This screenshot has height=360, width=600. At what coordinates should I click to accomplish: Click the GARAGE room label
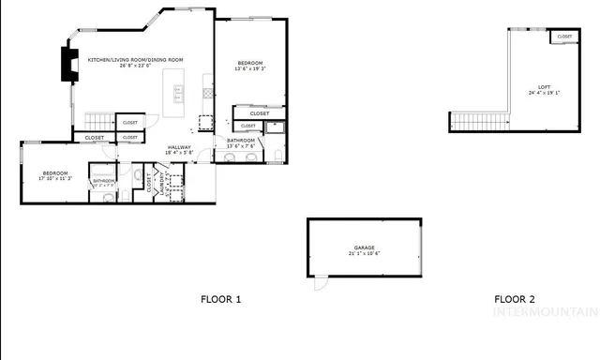coord(364,247)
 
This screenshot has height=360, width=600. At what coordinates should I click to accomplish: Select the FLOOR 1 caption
coord(221,300)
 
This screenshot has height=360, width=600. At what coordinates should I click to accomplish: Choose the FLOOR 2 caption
coord(515,300)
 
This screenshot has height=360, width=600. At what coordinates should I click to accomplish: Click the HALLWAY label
coord(179,147)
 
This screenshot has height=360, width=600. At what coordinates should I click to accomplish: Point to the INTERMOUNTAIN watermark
coord(545,312)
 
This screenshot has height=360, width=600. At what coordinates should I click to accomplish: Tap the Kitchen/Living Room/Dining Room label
coord(136,59)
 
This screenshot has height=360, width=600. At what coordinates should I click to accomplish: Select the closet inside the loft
coord(564,37)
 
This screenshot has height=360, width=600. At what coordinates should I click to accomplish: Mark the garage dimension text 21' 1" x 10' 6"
coord(364,254)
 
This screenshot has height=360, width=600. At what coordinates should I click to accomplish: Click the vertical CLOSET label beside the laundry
coord(149,183)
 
